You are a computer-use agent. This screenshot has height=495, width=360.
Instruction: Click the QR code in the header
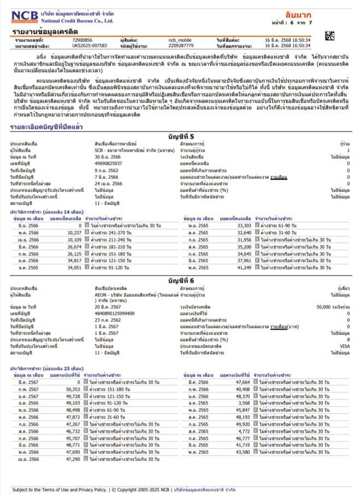329,37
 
